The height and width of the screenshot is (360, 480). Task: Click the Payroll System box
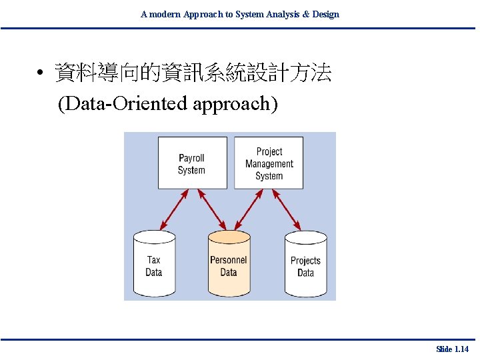[192, 163]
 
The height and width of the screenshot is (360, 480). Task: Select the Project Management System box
[269, 163]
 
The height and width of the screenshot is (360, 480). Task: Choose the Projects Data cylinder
[305, 265]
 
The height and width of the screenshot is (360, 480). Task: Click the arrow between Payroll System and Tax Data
[175, 209]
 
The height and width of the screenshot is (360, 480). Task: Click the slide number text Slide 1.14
[452, 349]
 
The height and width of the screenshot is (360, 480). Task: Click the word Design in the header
[325, 14]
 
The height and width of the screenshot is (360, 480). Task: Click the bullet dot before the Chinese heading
[41, 74]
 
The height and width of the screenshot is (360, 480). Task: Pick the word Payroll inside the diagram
[191, 158]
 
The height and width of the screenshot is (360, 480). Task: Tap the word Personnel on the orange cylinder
[229, 260]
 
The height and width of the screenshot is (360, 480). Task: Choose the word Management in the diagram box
[269, 164]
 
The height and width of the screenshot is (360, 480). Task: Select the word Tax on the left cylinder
[153, 260]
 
